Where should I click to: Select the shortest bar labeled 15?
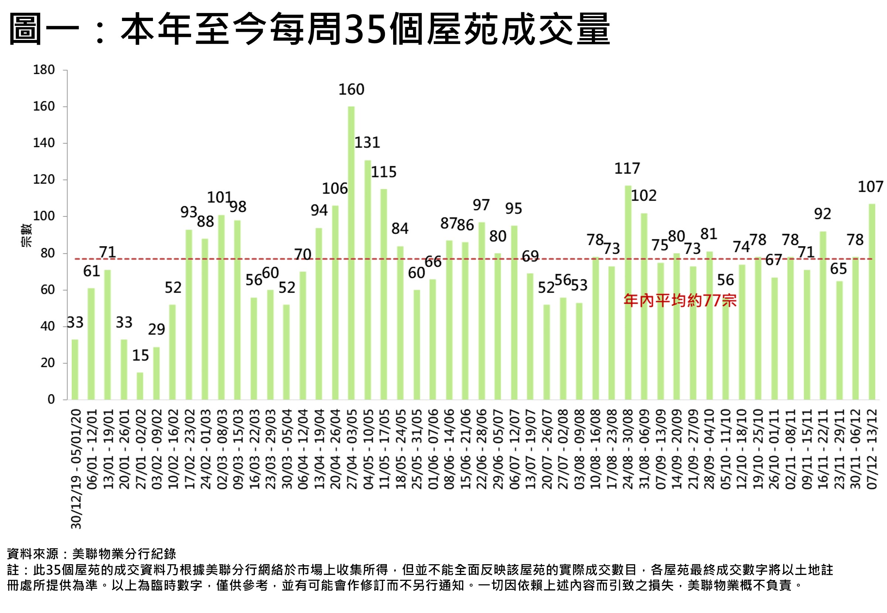click(140, 386)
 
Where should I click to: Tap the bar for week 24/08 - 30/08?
click(627, 292)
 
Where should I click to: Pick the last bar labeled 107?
click(871, 302)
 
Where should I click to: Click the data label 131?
click(367, 143)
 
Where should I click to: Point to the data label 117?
click(627, 168)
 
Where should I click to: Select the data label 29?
click(156, 329)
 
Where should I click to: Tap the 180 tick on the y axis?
click(44, 70)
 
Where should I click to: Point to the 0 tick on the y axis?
click(51, 399)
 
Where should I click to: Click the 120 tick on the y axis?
click(44, 179)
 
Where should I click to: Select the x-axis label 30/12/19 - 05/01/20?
click(76, 469)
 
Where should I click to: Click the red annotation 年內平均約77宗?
click(680, 300)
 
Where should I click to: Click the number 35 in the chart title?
click(365, 29)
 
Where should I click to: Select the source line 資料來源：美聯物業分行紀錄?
click(91, 554)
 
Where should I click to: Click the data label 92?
click(822, 214)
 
